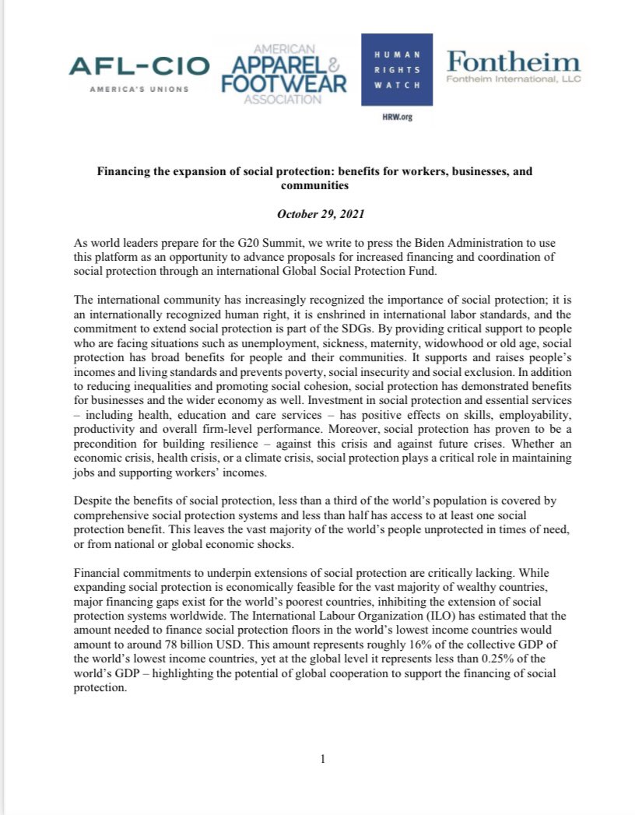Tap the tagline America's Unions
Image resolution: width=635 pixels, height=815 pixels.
coord(139,90)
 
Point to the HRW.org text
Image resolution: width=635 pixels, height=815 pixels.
coord(397,117)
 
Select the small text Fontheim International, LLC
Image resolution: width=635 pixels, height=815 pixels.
coord(514,79)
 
